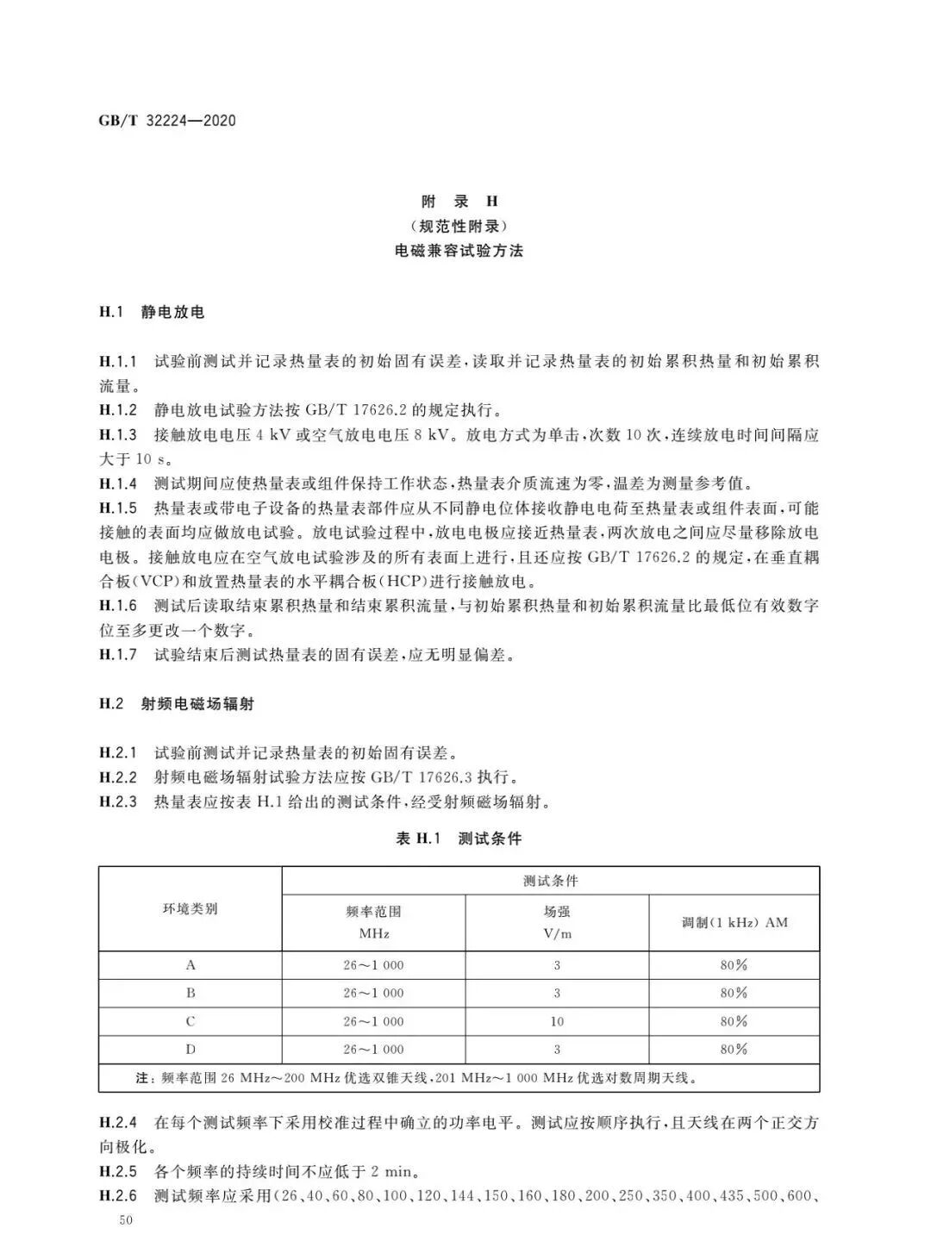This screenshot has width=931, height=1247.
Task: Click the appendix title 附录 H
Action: pos(459,202)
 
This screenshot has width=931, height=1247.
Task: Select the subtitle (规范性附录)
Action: pos(459,227)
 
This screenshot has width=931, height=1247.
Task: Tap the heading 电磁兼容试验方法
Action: pos(459,252)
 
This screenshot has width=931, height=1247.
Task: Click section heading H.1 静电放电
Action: pos(152,312)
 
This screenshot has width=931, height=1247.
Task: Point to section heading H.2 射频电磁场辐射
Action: pos(177,704)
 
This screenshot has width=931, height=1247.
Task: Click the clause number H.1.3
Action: pos(118,435)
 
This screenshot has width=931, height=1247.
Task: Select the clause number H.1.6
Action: pos(118,606)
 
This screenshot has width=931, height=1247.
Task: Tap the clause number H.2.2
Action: pos(118,777)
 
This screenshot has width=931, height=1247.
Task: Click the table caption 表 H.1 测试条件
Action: pos(459,839)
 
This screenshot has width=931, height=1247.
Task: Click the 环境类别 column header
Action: pos(191,909)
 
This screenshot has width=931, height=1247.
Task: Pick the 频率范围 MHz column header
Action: pos(373,922)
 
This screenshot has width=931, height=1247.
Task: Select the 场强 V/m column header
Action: pos(557,922)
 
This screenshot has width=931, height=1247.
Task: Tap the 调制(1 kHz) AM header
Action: pos(734,922)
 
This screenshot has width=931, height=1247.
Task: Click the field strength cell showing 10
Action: pos(557,1021)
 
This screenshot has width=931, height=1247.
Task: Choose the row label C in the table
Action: pos(191,1021)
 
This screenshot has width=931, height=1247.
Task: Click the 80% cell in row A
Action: pos(734,965)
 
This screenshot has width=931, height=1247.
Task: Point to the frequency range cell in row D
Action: pos(373,1050)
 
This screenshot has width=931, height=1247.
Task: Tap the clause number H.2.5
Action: pos(118,1172)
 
